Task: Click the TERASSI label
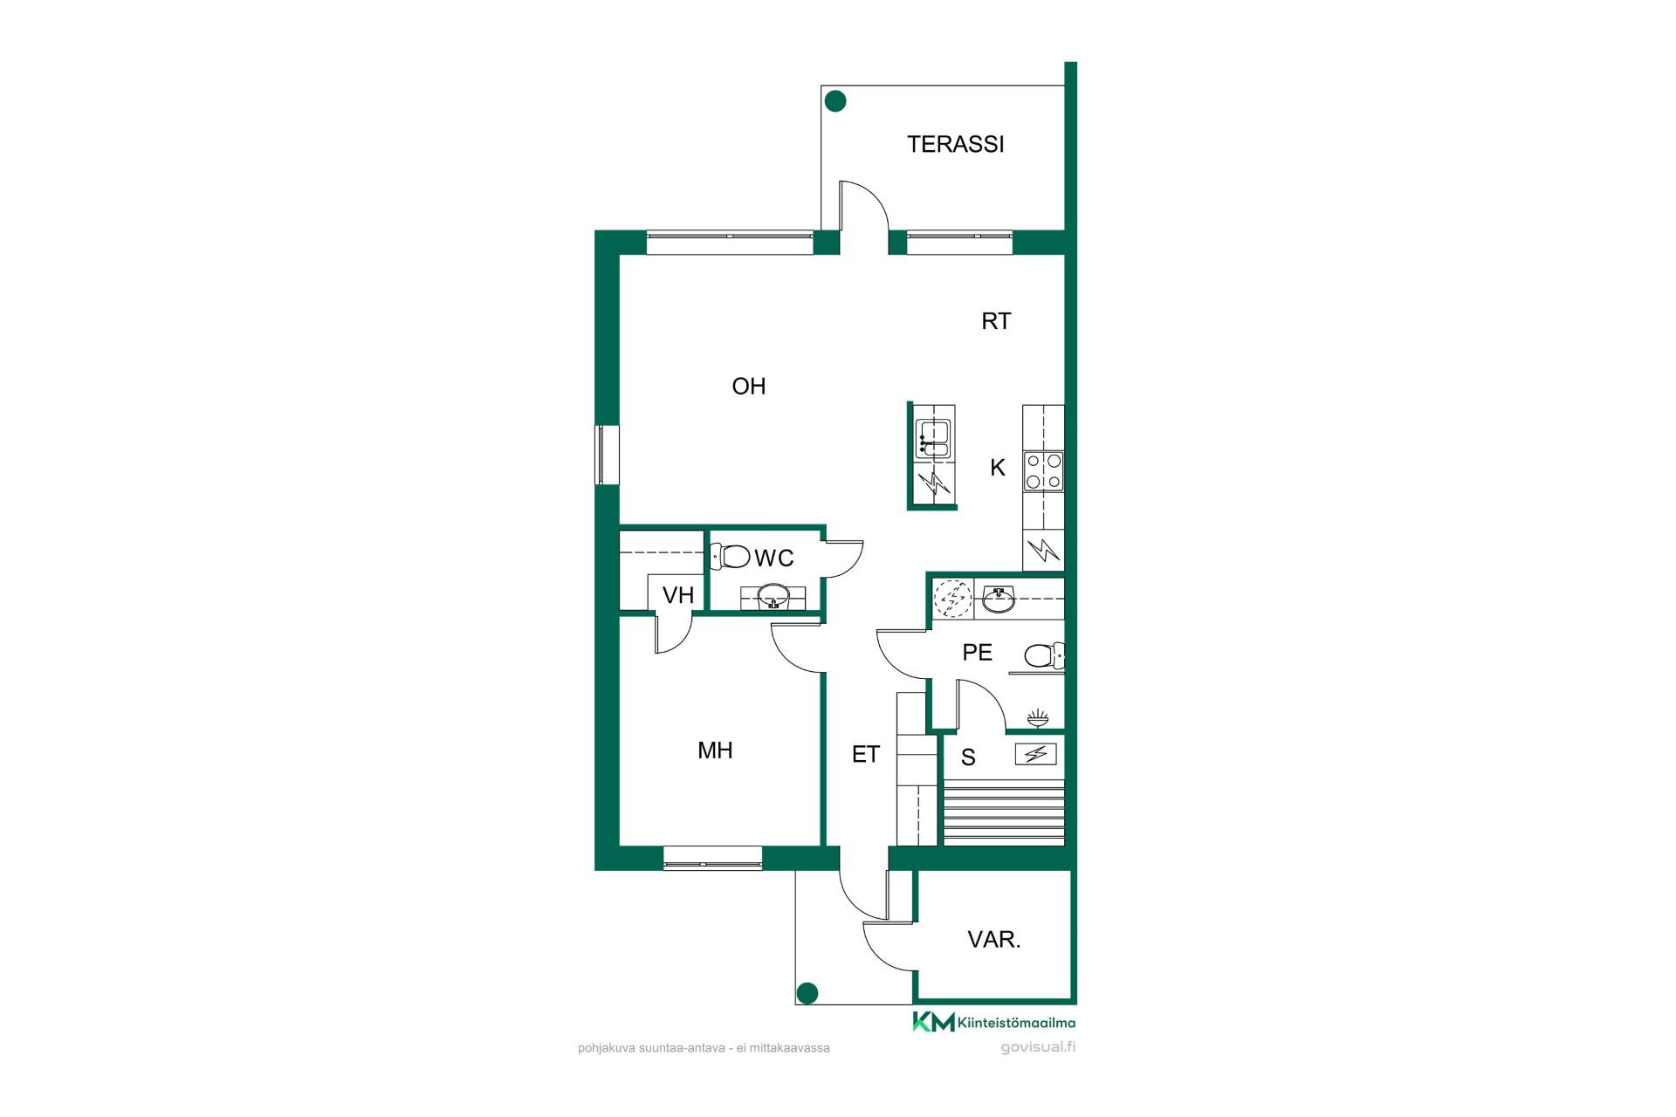tap(955, 144)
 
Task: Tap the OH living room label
tap(748, 386)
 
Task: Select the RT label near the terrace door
tap(995, 321)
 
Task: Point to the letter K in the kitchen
tap(998, 468)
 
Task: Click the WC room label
tap(774, 558)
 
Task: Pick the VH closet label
tap(678, 595)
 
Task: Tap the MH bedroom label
tap(715, 750)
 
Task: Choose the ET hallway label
tap(865, 755)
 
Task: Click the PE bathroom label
tap(977, 653)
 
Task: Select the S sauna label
tap(968, 757)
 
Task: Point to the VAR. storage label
tap(994, 940)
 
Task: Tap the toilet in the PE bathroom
tap(1044, 654)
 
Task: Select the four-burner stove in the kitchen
tap(1044, 470)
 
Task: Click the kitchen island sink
tap(932, 438)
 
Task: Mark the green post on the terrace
tap(835, 101)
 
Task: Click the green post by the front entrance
tap(807, 993)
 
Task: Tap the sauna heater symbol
tap(1035, 754)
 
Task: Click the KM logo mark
tap(933, 1022)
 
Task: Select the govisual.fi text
tap(1038, 1047)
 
